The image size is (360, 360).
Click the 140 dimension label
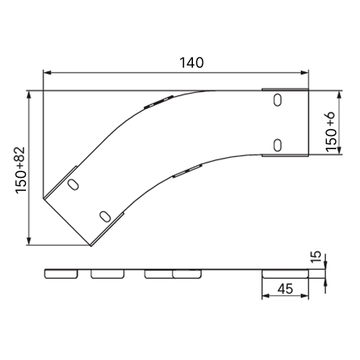click(x=192, y=63)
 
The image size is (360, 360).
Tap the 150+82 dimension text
click(x=21, y=170)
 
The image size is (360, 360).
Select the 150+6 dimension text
click(x=330, y=132)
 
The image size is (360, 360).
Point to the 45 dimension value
click(x=285, y=289)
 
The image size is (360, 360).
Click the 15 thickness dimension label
click(x=317, y=256)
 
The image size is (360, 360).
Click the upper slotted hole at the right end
click(x=277, y=100)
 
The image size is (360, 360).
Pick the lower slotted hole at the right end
click(x=277, y=145)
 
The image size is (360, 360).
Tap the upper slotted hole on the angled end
click(x=73, y=184)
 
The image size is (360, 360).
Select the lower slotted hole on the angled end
click(x=105, y=217)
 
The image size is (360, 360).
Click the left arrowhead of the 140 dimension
click(x=48, y=73)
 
